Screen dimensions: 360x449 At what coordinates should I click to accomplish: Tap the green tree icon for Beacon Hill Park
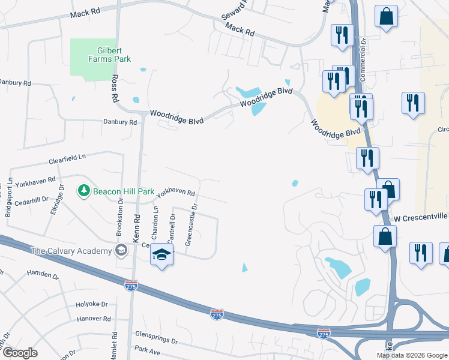coord(83,191)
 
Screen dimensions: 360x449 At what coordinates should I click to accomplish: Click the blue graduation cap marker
coord(161,256)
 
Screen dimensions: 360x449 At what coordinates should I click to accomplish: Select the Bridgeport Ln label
coord(10,197)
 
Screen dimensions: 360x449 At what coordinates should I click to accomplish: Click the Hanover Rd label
coord(94,319)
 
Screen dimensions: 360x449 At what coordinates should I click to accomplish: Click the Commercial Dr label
coord(363,59)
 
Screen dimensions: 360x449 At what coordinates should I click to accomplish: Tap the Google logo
coord(19,353)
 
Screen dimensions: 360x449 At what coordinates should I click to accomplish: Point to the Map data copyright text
coord(412,355)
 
